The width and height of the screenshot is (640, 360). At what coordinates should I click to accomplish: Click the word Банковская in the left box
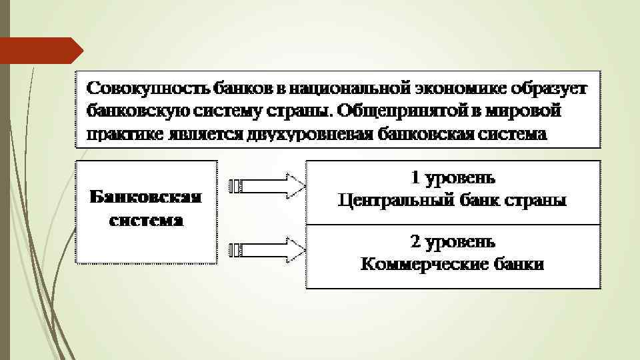click(146, 197)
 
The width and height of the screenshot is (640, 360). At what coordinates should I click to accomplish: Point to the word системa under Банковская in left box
click(146, 221)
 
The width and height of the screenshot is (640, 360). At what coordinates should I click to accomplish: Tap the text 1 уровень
click(453, 178)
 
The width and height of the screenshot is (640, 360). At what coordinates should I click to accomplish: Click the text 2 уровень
click(453, 241)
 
